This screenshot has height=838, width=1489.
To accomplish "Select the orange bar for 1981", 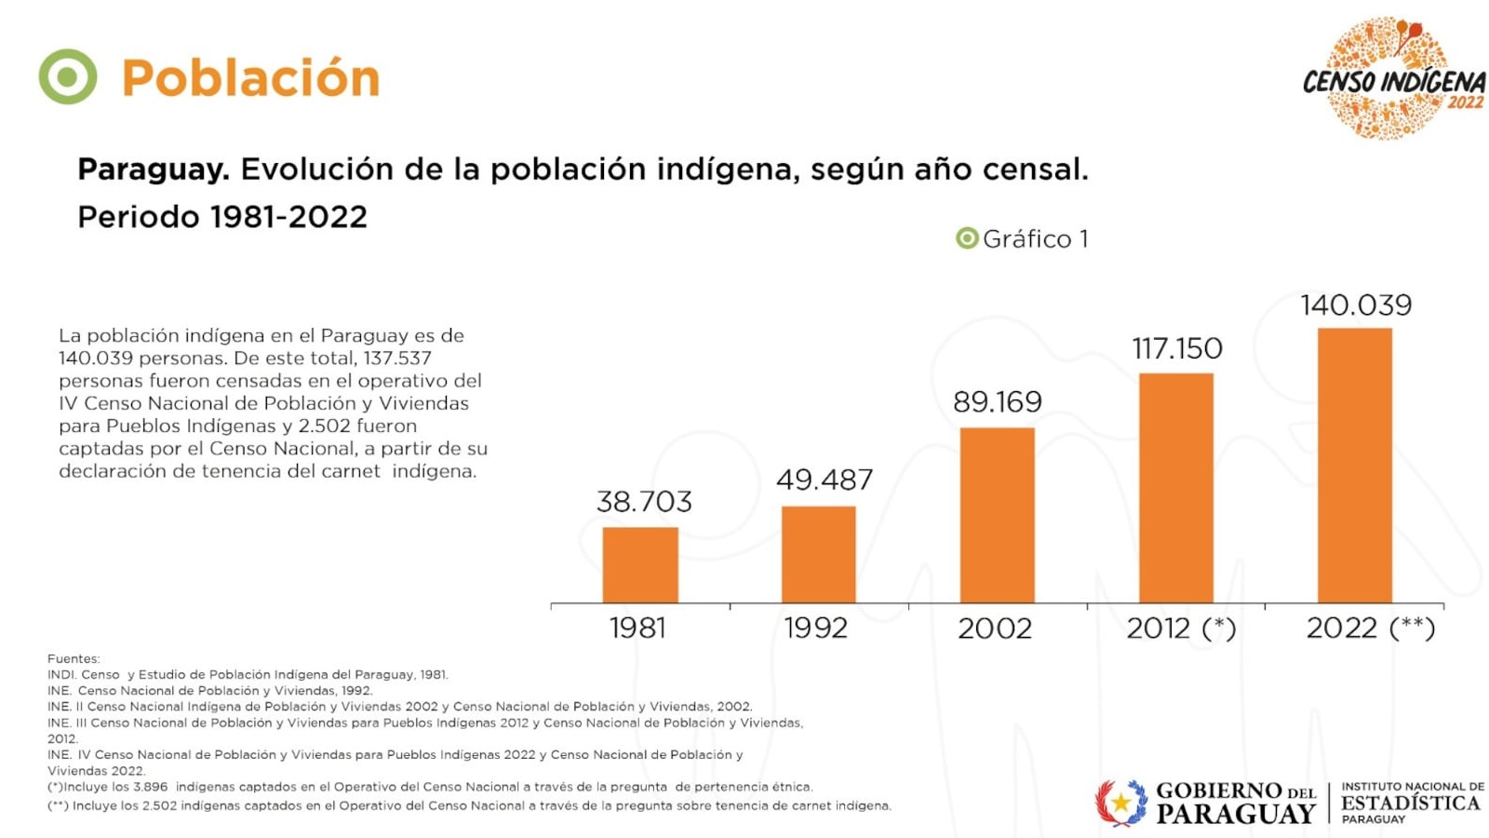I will click(640, 565).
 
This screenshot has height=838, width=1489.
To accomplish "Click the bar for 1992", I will click(818, 555).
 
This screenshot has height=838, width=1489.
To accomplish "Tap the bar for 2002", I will click(997, 515).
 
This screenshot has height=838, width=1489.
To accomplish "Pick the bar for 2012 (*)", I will click(1175, 488).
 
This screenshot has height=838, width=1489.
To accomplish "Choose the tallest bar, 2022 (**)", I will click(1354, 466).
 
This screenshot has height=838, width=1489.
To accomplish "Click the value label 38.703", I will click(644, 502).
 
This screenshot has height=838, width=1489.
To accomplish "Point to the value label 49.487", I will click(825, 480).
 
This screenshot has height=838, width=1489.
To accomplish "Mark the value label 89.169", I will click(997, 402).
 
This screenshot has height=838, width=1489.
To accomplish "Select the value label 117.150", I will click(1176, 349).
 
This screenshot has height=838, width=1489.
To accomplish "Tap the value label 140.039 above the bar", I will click(1355, 305).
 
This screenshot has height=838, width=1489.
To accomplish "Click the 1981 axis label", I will click(637, 628).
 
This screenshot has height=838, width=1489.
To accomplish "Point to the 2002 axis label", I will click(995, 628).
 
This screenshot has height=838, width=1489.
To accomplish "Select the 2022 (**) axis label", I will click(1370, 628).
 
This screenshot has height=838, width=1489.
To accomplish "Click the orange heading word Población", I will click(250, 78).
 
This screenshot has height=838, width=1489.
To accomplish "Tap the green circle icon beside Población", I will click(67, 76).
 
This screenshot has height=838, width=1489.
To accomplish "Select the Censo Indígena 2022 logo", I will click(1392, 79).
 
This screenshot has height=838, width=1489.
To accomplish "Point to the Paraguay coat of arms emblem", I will click(1120, 803).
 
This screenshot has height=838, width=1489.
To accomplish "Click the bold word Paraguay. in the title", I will click(153, 169).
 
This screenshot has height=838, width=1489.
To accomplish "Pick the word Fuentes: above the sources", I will click(74, 658).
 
